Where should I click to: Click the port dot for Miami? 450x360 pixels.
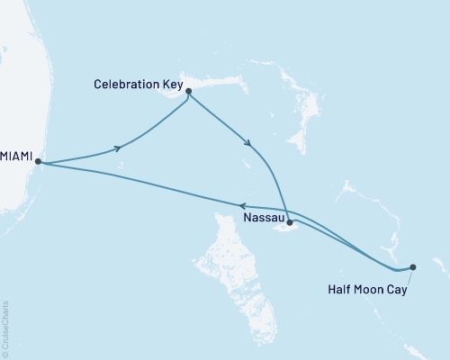[x=38, y=162]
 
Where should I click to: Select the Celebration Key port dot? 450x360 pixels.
[x=188, y=91]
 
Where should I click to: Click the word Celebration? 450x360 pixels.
[x=127, y=85]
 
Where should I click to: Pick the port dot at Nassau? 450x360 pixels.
[x=289, y=221]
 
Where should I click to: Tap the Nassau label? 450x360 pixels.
[x=264, y=217]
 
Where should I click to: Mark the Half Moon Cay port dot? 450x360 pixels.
[x=412, y=266]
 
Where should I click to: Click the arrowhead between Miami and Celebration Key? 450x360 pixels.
[x=117, y=149]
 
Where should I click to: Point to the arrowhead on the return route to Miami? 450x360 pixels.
[x=240, y=205]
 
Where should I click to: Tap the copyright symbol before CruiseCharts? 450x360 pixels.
[x=7, y=353]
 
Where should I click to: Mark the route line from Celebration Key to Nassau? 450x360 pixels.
[x=270, y=171]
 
